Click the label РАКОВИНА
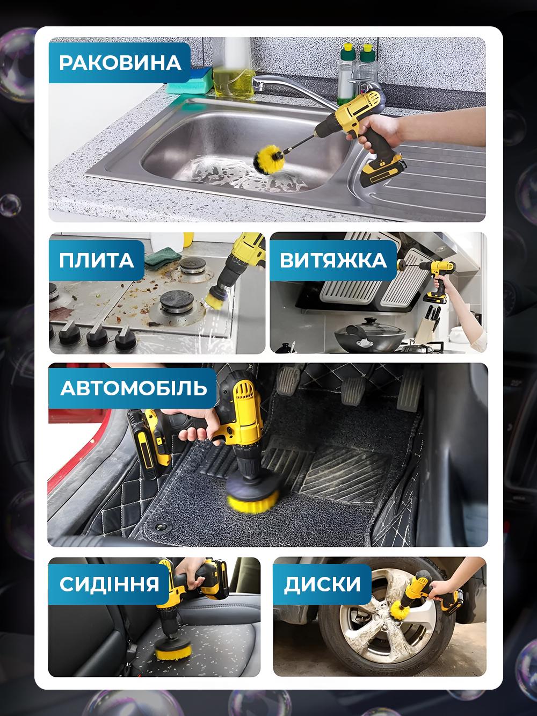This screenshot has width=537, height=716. point(120,62)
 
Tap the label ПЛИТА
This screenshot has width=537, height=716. point(97,261)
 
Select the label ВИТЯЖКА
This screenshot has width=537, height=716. point(333,261)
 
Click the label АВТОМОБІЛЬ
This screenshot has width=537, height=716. point(133,388)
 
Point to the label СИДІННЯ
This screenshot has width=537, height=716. point(110,583)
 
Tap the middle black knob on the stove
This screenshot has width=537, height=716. point(95,334)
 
